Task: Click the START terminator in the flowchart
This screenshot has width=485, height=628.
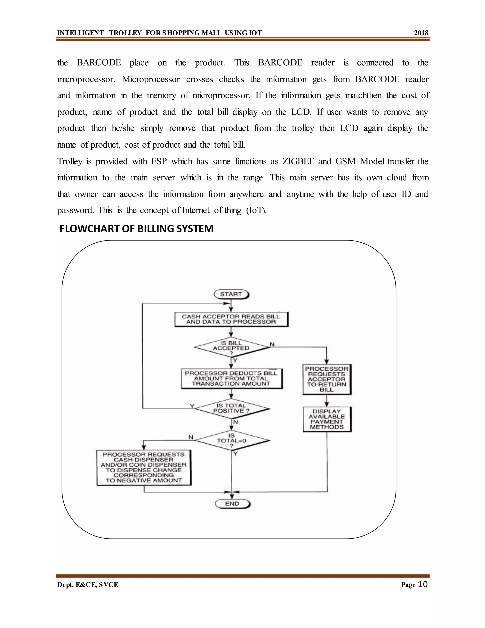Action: point(231,294)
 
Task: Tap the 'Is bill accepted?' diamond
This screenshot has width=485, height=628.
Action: point(231,347)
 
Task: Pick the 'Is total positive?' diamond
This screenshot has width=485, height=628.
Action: point(232,408)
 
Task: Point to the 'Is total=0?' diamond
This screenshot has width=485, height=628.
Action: point(232,440)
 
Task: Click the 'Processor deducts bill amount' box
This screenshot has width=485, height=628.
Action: point(232,378)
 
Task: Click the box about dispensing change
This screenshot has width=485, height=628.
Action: point(144,467)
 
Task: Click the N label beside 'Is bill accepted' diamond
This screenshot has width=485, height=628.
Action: point(272,344)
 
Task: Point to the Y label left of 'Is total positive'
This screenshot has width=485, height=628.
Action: point(192,406)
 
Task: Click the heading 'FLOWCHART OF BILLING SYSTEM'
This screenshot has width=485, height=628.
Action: point(136,229)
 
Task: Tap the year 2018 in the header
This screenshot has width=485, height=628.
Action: point(421,33)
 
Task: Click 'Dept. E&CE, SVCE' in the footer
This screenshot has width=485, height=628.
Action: point(88,585)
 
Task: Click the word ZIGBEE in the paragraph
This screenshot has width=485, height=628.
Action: point(298,161)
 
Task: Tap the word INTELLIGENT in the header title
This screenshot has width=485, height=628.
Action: point(81,33)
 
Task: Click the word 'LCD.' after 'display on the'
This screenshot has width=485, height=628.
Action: point(301,112)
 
